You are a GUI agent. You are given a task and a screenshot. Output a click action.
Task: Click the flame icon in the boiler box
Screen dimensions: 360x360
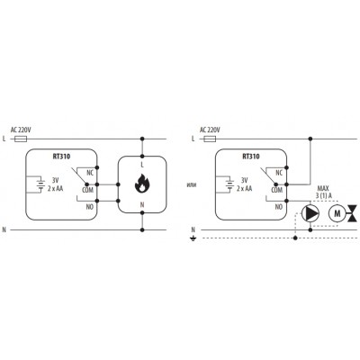point(142,184)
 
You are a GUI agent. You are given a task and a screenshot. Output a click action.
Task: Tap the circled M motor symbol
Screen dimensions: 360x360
point(337,213)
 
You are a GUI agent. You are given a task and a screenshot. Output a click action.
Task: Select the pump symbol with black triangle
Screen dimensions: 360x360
point(310,213)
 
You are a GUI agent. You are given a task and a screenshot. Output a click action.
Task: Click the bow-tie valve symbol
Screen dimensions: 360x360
point(352,213)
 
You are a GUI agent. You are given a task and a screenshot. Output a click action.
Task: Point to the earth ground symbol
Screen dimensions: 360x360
point(193,239)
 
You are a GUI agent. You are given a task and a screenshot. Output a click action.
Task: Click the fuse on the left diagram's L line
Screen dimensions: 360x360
point(21,139)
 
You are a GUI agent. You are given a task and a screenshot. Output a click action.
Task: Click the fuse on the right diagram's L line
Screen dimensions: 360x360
point(210,139)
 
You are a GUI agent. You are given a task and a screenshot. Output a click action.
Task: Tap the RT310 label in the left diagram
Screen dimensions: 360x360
point(61,157)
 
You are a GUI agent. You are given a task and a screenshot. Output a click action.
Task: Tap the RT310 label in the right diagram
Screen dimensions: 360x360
point(251,157)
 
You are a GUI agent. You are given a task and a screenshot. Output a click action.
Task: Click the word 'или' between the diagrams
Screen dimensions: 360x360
point(190,184)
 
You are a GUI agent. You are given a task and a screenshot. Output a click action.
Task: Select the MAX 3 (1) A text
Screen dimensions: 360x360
point(323,193)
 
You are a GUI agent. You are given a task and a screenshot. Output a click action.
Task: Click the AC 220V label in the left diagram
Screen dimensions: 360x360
point(21,130)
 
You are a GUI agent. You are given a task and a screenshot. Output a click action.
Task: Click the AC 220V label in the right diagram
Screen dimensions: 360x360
point(210,130)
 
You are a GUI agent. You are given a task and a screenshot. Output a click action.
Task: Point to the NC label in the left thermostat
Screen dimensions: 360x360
point(90,173)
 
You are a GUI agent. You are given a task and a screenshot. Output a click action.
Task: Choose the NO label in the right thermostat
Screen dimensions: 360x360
point(279,207)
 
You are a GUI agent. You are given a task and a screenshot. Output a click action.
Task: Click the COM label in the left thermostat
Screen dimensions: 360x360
point(87,190)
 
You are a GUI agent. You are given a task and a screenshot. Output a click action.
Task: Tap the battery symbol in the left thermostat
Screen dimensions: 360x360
point(40,184)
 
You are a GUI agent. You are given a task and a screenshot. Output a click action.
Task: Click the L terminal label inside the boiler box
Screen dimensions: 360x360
point(142,165)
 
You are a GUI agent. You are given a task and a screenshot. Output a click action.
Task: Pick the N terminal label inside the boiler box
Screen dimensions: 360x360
point(142,205)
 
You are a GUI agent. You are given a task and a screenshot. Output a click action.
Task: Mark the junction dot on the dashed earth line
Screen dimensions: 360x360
point(295,238)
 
